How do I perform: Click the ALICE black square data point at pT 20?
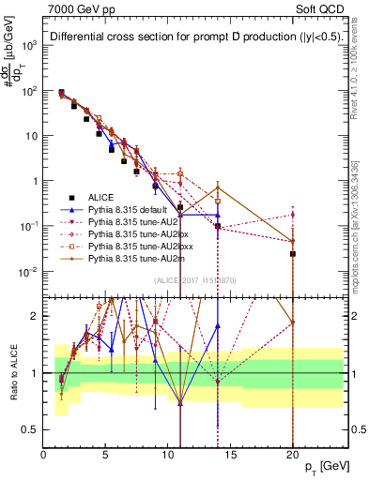[x=293, y=253]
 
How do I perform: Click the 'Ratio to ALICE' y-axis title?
[x=12, y=372]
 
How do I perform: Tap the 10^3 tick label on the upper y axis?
[x=29, y=45]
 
